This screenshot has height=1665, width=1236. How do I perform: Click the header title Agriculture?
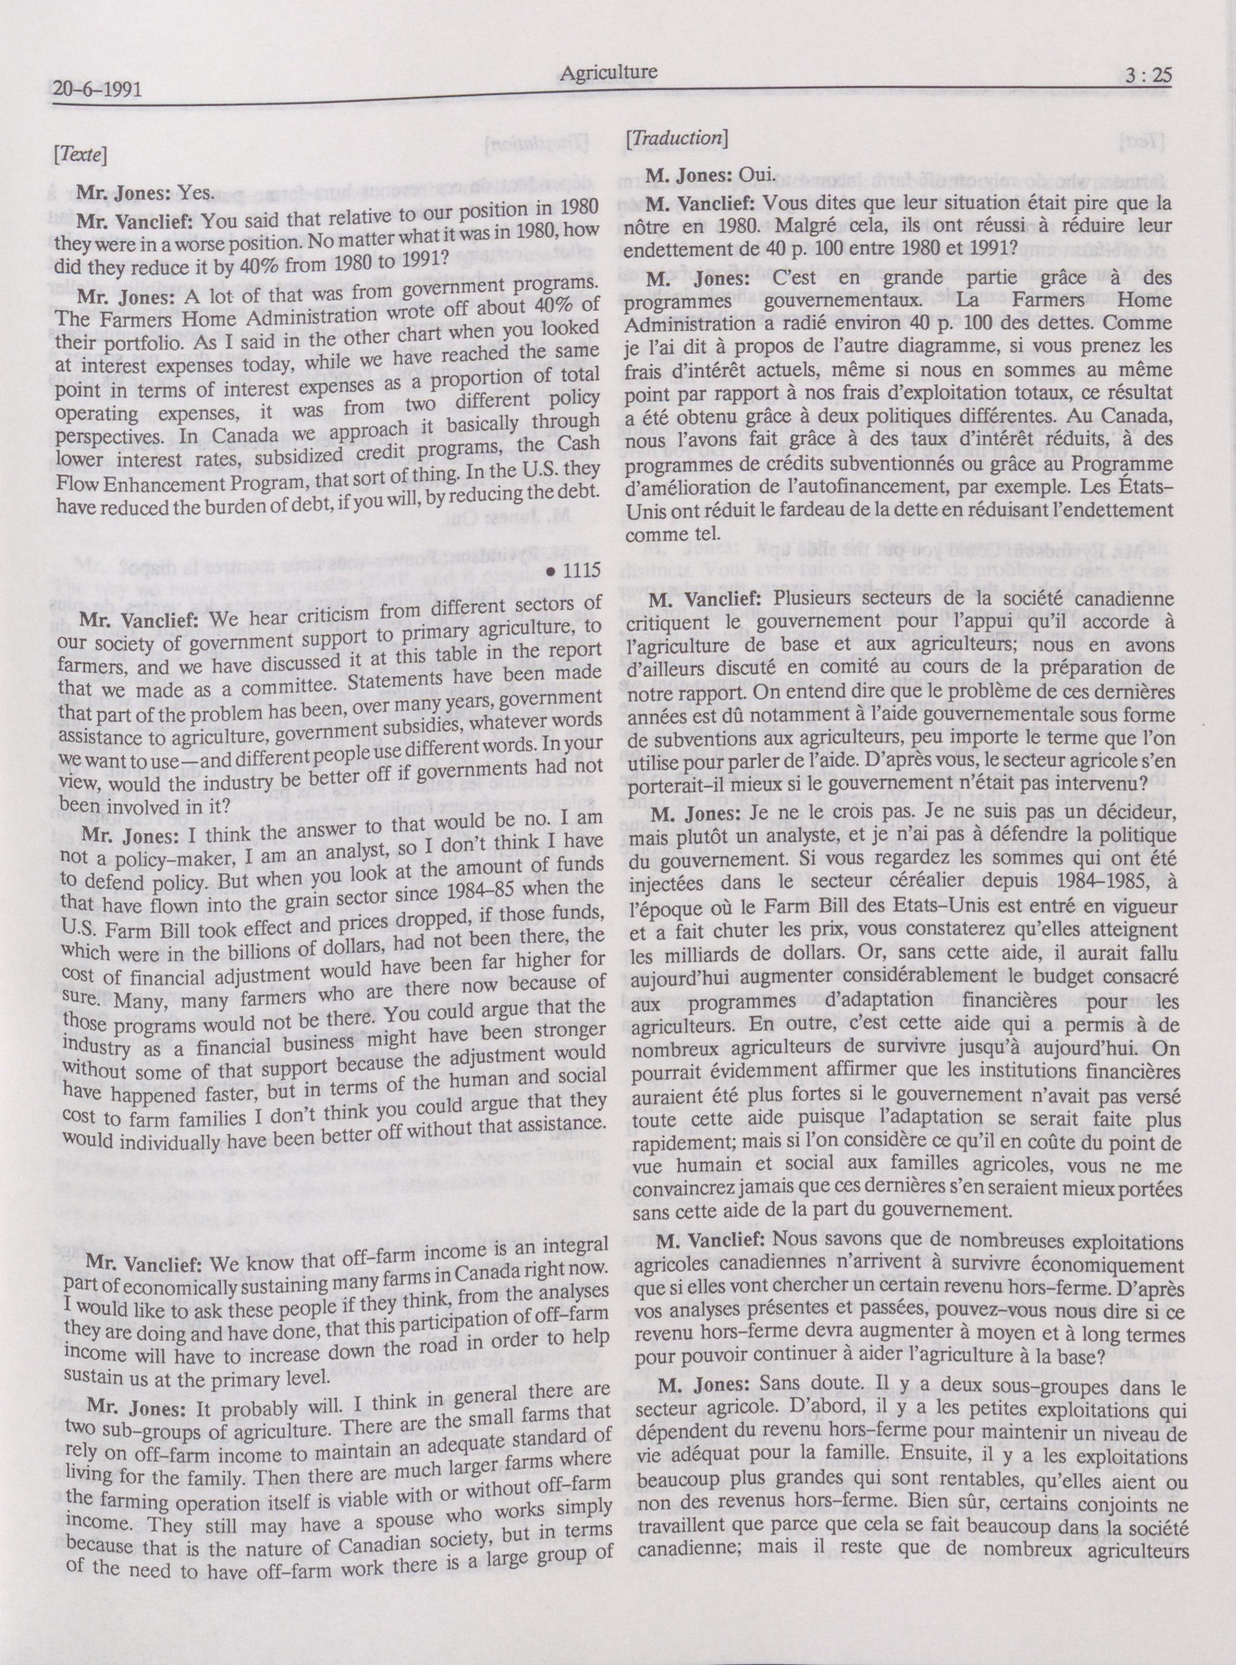tap(608, 72)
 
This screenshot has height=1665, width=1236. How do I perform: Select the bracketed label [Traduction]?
tap(677, 138)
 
